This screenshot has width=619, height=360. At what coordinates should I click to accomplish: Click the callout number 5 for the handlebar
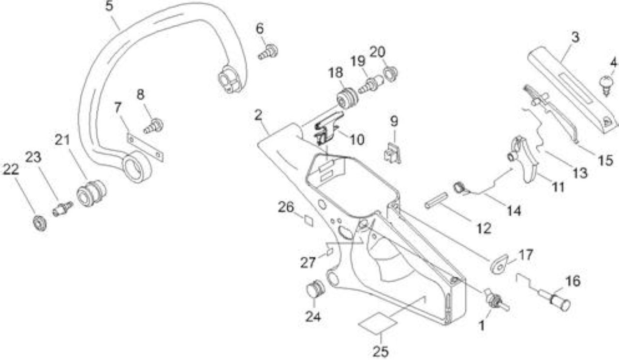pyautogui.click(x=109, y=6)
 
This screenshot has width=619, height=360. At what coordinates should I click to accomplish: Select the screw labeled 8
pyautogui.click(x=154, y=126)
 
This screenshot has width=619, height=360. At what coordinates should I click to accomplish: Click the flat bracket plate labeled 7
pyautogui.click(x=145, y=147)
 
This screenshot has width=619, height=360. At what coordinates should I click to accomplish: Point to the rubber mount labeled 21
pyautogui.click(x=91, y=193)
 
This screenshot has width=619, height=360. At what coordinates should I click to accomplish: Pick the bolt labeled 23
pyautogui.click(x=63, y=209)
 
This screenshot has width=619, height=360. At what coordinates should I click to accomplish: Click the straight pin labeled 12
pyautogui.click(x=436, y=200)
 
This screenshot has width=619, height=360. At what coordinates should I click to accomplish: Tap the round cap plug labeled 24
pyautogui.click(x=316, y=289)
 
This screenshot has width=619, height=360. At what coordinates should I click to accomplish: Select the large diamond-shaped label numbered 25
pyautogui.click(x=378, y=323)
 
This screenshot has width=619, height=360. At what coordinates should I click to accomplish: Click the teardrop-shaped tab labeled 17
pyautogui.click(x=500, y=264)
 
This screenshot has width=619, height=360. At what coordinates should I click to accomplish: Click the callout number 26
pyautogui.click(x=286, y=207)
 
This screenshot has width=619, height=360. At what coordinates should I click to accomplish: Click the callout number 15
pyautogui.click(x=605, y=160)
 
